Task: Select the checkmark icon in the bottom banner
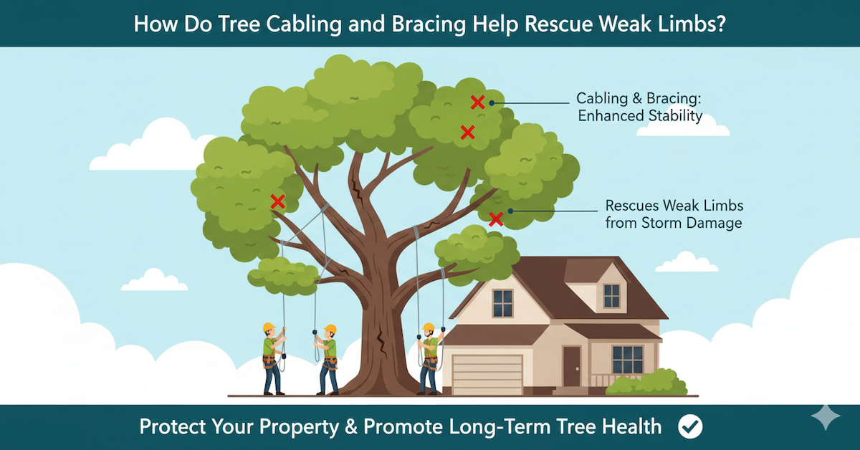[x=691, y=427]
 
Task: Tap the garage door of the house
[x=487, y=373]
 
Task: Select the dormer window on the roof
[x=611, y=295]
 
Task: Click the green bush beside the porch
[x=643, y=383]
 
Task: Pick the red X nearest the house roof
[x=495, y=219]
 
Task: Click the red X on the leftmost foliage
[x=277, y=202]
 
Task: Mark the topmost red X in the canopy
[x=477, y=102]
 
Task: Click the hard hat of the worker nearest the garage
[x=429, y=327]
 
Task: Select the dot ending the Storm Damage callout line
[x=511, y=211]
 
